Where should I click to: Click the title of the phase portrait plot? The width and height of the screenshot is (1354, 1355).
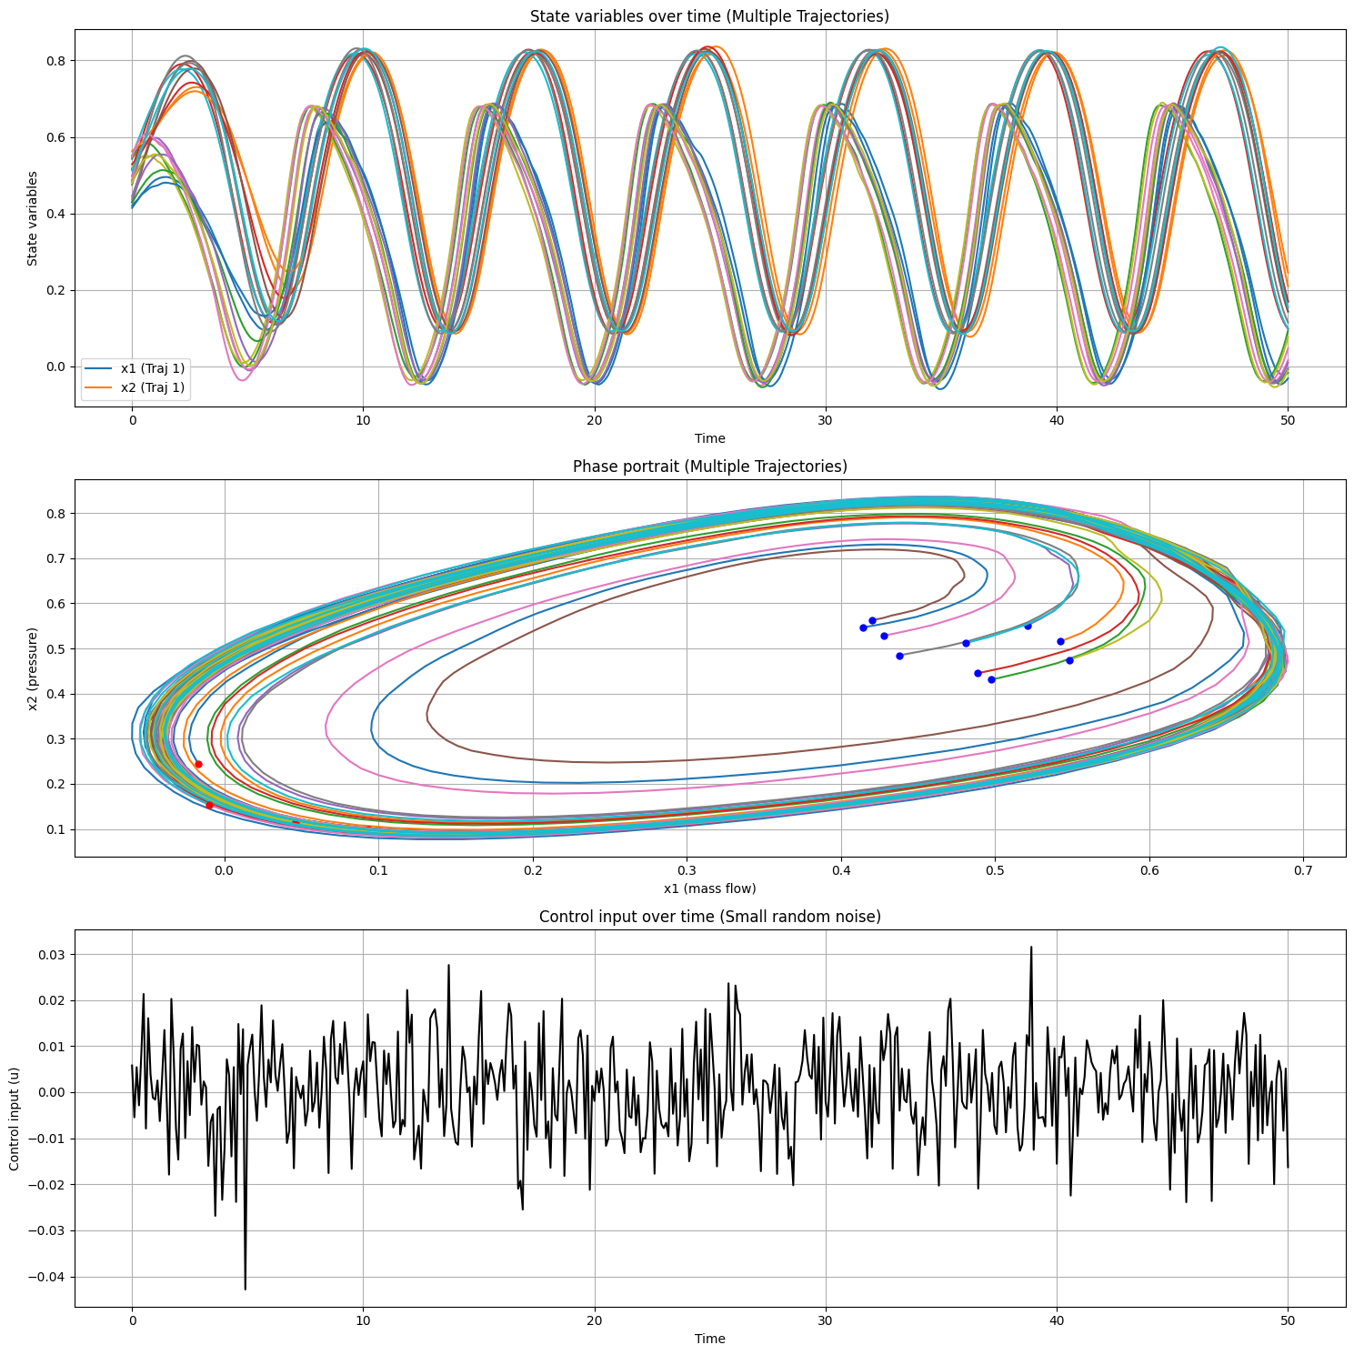tap(709, 467)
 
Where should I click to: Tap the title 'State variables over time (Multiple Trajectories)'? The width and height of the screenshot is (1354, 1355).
tap(709, 16)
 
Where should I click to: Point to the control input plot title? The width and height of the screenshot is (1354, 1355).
tap(709, 917)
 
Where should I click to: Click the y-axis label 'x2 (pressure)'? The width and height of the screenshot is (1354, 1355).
tap(34, 668)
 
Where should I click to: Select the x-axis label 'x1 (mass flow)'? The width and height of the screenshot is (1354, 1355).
tap(709, 888)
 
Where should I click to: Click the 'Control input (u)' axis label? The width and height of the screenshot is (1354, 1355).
tap(15, 1118)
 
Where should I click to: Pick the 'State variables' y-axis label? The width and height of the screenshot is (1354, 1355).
tap(33, 218)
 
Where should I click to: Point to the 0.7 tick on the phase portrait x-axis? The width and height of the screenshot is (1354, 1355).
tap(1303, 869)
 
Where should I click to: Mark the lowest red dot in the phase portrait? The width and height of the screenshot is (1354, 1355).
tap(209, 805)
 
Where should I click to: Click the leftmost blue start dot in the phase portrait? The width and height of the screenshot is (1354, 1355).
tap(863, 627)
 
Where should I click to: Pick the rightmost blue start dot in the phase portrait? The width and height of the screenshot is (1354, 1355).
tap(1069, 660)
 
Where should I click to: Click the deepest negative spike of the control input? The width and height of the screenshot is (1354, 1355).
tap(245, 1288)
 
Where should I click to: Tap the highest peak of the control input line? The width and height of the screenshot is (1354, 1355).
tap(1030, 948)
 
